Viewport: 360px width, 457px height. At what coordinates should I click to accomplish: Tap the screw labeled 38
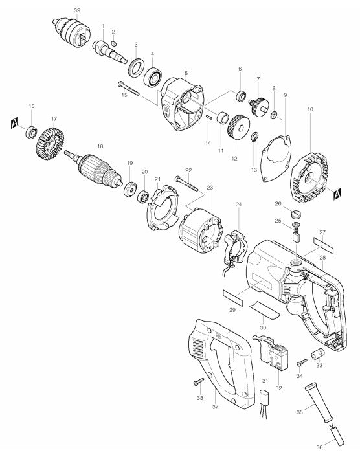pos(199,383)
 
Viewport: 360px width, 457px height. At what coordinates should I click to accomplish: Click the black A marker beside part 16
pos(14,122)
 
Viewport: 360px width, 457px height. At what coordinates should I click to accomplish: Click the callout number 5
pos(186,73)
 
